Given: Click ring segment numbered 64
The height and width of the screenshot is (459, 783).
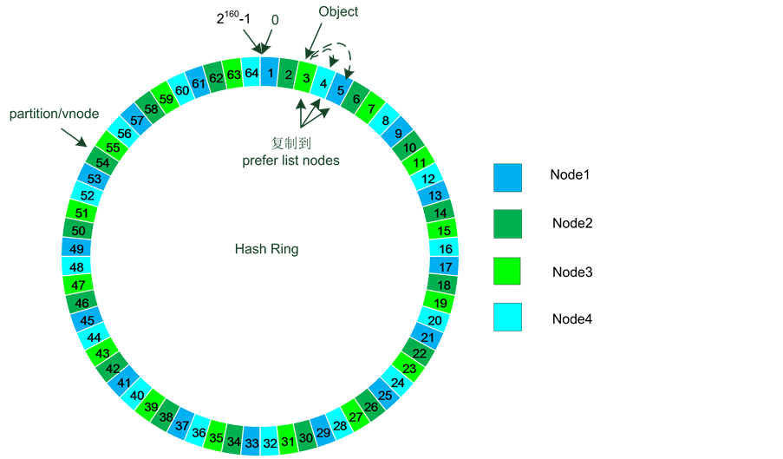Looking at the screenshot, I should coord(251,73).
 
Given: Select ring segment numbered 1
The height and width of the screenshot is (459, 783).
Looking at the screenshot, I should coord(271,73).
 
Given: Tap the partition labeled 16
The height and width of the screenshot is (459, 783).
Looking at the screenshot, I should coord(445,248).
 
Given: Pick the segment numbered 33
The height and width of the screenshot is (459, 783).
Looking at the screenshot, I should coord(251,443).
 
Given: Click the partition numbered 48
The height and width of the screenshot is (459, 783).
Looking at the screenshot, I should coord(77,267).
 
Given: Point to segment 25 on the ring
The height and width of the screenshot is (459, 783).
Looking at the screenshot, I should coord(385,395).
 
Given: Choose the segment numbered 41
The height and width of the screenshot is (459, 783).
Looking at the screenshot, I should coord(124,383).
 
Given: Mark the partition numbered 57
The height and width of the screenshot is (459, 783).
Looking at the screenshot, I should coord(137,121).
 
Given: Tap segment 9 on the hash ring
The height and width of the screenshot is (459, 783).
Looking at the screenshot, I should coord(398,134).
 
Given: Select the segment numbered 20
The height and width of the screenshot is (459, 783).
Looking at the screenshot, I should coord(436,320).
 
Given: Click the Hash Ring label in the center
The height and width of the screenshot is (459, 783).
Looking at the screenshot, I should coord(266,249).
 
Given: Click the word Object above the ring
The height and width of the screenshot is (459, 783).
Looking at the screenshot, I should coord(338,12).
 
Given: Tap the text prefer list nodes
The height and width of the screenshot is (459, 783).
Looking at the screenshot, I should coord(290,160).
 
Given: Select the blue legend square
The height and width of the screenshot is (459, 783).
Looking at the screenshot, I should coord(507,178).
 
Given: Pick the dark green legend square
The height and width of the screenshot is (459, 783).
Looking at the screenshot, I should coord(507,223).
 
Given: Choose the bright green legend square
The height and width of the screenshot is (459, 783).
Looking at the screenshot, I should coord(507,271).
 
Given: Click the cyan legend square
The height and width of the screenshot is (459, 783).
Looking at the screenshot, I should coord(507,317).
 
